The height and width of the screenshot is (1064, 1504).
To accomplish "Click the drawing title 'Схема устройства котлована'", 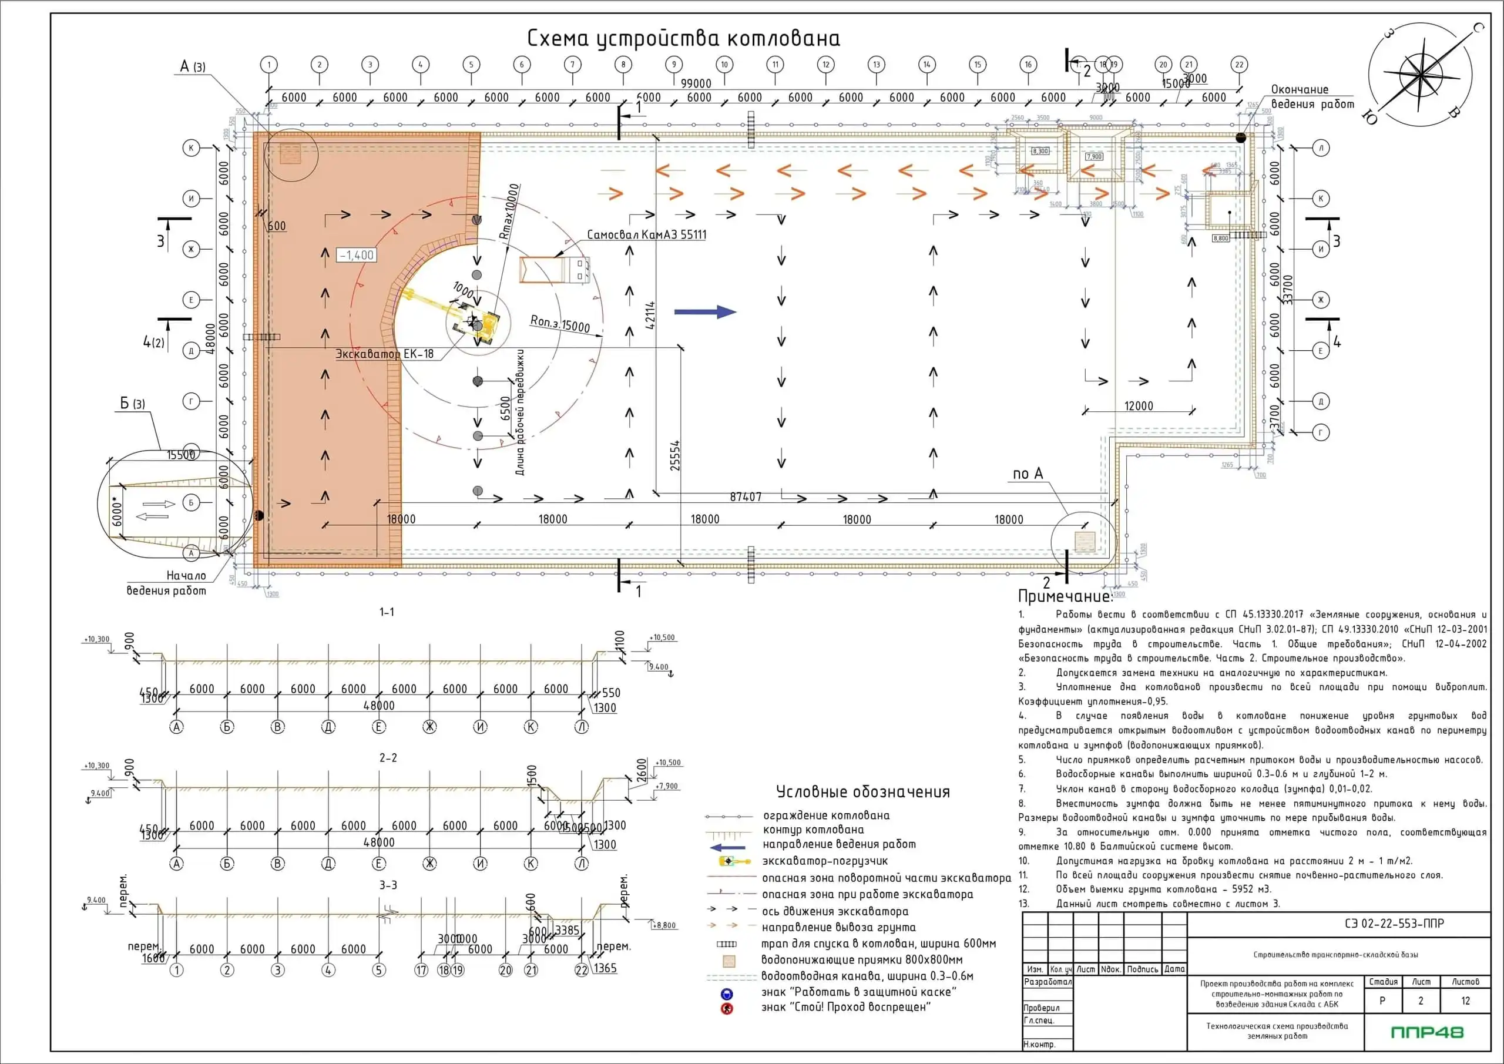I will point(683,39).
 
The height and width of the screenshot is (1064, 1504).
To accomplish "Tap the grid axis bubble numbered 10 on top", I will point(724,64).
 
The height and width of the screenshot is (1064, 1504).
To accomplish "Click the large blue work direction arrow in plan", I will point(706,312).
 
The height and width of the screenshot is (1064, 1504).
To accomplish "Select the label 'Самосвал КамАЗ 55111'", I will point(646,234).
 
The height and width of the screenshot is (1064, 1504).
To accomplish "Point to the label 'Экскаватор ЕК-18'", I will point(384,354).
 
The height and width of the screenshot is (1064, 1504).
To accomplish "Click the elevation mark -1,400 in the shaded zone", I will point(357,255).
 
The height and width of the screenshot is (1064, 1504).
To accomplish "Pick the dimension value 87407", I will point(746,496).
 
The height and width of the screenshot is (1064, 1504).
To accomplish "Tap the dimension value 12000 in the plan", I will point(1139,405).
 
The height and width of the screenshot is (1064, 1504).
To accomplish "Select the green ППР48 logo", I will point(1426,1032).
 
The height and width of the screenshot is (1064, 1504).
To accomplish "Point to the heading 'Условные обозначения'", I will point(862,791).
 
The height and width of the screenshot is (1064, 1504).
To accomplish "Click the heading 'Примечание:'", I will point(1065,596).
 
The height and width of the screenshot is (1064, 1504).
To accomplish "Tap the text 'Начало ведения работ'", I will point(167,583).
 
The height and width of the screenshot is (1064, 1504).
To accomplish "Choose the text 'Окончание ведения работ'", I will point(1312,96).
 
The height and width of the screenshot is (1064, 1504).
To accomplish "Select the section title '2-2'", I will point(388,757).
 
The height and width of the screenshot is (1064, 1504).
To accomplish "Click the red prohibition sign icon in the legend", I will point(727,1008).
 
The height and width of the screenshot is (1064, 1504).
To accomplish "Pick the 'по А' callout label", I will point(1028,474).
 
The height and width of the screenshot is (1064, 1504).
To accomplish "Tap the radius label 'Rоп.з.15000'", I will point(559,324).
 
